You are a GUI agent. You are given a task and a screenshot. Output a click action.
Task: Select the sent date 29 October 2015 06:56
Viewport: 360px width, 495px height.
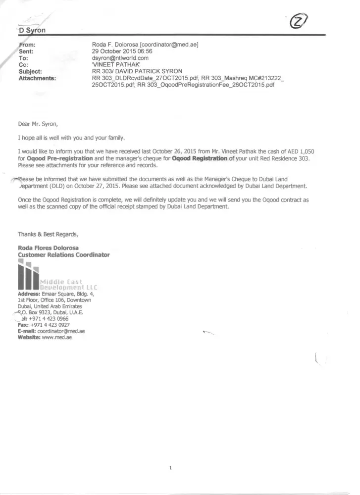(122, 51)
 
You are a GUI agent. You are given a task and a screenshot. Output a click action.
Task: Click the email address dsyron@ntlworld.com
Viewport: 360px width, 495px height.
(120, 58)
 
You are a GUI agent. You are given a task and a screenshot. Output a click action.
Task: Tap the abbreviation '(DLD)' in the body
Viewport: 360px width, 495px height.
(50, 186)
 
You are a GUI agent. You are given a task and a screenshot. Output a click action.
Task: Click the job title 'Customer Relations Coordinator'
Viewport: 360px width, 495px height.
(64, 254)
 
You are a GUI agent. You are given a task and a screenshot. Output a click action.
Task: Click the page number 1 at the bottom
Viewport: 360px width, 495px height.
(170, 468)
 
